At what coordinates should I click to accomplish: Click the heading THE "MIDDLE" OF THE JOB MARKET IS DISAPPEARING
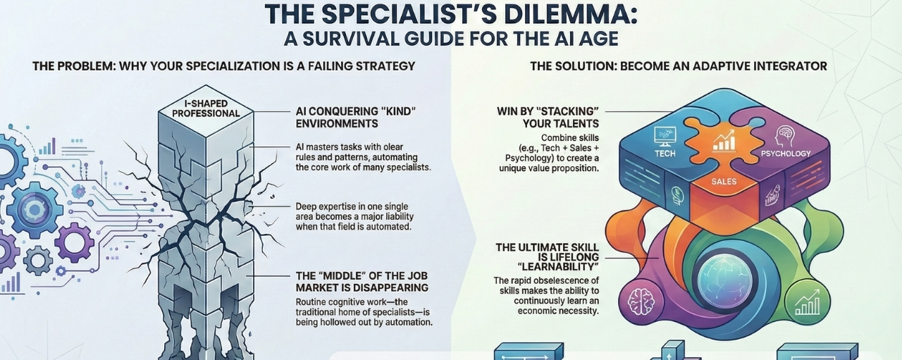point(362,282)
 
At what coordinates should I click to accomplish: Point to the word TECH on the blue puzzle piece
point(665,153)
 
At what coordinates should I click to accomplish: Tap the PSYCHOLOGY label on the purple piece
point(786,153)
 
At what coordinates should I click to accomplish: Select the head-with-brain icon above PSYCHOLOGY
point(784,135)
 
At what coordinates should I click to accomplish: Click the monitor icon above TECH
point(665,135)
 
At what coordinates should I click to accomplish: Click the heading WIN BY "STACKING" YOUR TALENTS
point(548,118)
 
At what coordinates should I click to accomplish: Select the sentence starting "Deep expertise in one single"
point(362,216)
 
